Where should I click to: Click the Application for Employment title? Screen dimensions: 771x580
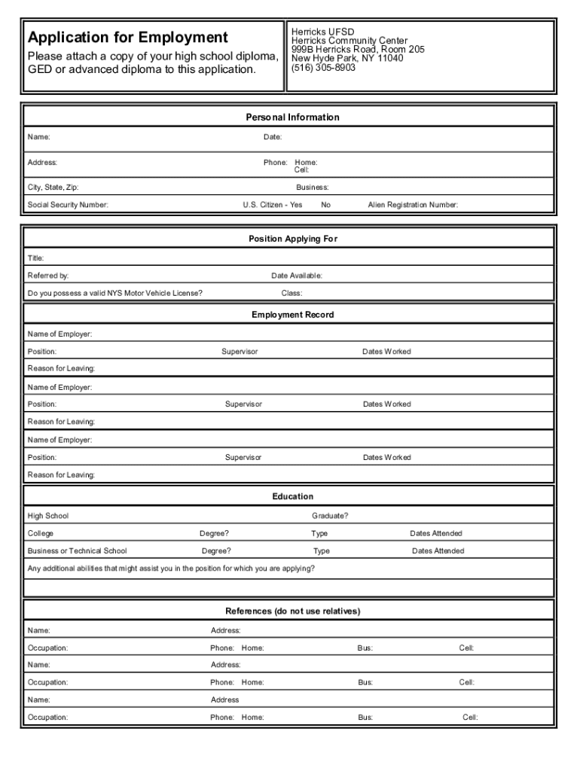coord(127,38)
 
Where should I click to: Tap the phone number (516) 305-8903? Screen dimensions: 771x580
coord(323,67)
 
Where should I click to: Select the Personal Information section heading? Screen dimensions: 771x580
coord(292,117)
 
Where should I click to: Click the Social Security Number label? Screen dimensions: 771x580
coord(68,204)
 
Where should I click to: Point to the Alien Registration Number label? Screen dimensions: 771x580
coord(412,204)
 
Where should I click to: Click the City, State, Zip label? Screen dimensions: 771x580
coord(53,187)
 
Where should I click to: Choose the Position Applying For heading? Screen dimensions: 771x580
coord(293,239)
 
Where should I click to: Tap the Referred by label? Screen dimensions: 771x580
coord(48,276)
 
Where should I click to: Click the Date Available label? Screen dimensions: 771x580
coord(296,276)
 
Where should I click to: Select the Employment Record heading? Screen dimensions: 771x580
coord(292,315)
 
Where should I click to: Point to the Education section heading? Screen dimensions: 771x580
coord(292,496)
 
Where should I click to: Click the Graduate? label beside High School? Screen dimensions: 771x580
coord(330,516)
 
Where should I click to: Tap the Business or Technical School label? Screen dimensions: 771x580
coord(77,550)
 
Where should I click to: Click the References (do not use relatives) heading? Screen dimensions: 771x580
coord(292,611)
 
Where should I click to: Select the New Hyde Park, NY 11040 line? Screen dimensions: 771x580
coord(346,58)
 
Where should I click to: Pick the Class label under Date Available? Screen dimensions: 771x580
coord(292,293)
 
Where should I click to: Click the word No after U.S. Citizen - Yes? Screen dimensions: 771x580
coord(325,204)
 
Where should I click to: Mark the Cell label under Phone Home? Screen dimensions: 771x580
coord(301,170)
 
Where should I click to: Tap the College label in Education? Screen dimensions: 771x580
coord(41,533)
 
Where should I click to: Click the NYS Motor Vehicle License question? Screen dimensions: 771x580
coord(114,293)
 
